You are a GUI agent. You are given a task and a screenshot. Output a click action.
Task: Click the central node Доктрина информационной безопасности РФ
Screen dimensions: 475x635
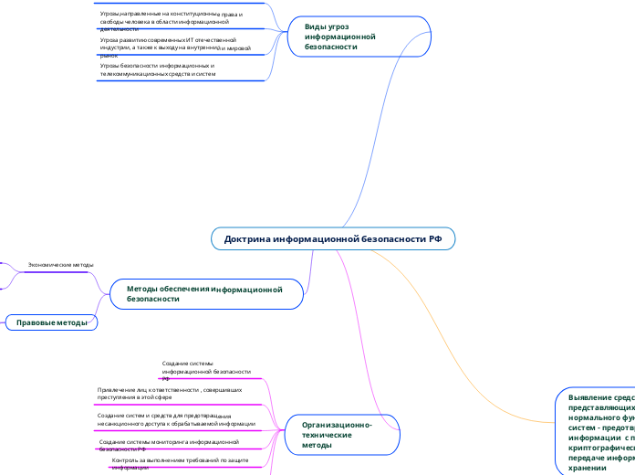coord(333,238)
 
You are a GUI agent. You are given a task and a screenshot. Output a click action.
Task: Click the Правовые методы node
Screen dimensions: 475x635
coord(52,322)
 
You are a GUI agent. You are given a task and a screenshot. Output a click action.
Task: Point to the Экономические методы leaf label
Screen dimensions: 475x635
coord(61,265)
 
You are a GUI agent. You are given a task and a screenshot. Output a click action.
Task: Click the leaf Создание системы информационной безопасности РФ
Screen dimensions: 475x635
coord(206,369)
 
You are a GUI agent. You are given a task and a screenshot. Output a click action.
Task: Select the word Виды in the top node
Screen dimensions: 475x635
coord(315,27)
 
